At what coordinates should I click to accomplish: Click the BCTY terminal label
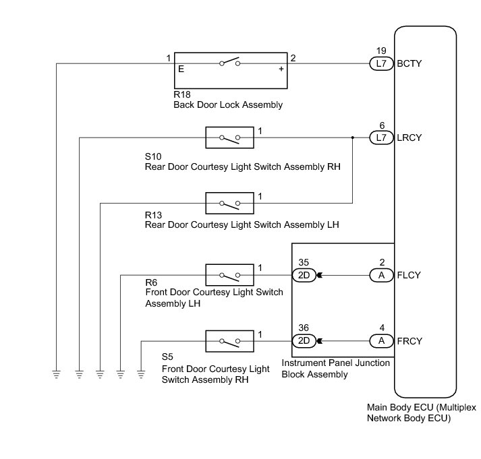click(412, 63)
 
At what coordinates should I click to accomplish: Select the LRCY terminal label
click(412, 137)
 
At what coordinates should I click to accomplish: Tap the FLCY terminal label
click(412, 275)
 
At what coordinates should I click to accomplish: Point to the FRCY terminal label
click(412, 340)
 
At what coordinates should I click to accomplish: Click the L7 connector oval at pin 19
click(381, 63)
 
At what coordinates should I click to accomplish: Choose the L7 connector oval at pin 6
click(381, 137)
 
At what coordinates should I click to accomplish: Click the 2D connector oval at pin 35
click(304, 275)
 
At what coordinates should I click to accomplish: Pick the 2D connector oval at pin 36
click(304, 340)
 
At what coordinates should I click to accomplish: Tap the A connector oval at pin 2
click(381, 275)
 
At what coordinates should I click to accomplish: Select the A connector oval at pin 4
click(381, 340)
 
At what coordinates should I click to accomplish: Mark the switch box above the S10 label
click(230, 138)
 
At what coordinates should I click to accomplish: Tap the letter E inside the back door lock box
click(181, 69)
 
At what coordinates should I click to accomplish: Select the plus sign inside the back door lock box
click(281, 69)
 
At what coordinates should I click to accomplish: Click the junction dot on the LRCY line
click(353, 137)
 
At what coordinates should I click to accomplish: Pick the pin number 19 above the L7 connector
click(381, 51)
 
